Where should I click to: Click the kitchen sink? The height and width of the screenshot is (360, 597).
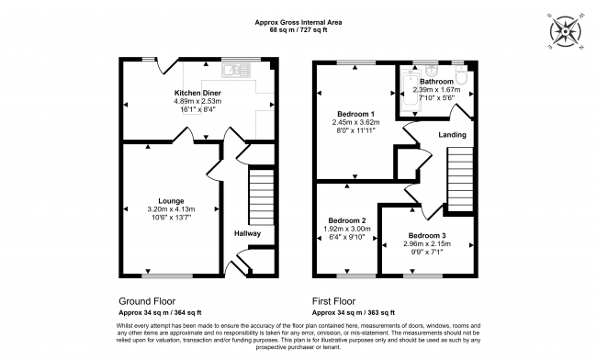pyautogui.click(x=241, y=67)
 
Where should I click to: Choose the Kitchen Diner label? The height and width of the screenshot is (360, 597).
pyautogui.click(x=198, y=94)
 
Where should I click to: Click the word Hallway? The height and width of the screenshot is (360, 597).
pyautogui.click(x=247, y=233)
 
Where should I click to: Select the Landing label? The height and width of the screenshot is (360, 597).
pyautogui.click(x=451, y=135)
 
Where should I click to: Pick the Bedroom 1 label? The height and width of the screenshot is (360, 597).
pyautogui.click(x=349, y=112)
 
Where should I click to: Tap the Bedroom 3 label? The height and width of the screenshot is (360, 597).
pyautogui.click(x=428, y=237)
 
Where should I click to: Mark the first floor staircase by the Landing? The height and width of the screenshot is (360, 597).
pyautogui.click(x=458, y=180)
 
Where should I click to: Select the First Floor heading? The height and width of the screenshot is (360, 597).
pyautogui.click(x=335, y=300)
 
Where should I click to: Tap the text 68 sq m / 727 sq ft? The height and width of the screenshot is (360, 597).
pyautogui.click(x=298, y=29)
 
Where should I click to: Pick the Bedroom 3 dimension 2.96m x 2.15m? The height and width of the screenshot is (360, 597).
pyautogui.click(x=428, y=246)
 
